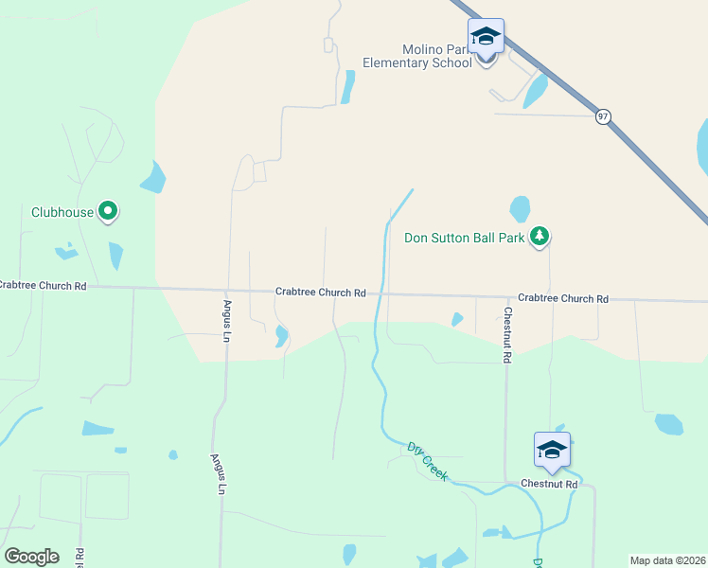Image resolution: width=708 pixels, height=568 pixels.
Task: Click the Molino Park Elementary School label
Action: [417, 56]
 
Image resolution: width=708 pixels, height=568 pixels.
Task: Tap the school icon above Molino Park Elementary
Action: [486, 37]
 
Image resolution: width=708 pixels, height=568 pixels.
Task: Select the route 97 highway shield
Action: [603, 116]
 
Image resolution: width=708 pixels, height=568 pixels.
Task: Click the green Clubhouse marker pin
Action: [108, 211]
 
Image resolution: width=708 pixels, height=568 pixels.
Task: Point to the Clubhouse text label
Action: [62, 212]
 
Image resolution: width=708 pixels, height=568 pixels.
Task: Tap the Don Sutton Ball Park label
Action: [465, 238]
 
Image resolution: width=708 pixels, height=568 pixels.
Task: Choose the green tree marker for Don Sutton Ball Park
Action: [540, 236]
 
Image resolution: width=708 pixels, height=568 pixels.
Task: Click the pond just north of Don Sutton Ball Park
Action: [520, 208]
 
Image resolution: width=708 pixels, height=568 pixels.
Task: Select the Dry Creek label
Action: [427, 459]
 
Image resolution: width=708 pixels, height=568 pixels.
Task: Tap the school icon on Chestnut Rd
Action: [552, 450]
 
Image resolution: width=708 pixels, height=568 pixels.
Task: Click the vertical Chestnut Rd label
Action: [508, 336]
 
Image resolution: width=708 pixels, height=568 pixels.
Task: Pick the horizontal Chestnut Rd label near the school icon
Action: [549, 484]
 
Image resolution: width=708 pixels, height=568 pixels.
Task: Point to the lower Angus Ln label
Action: [218, 473]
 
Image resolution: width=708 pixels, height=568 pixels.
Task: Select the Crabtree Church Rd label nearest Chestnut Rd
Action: [562, 298]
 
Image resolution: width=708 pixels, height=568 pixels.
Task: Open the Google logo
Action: [31, 557]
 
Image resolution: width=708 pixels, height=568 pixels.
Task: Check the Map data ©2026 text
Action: [667, 559]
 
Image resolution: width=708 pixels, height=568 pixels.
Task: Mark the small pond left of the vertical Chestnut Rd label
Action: [457, 320]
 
